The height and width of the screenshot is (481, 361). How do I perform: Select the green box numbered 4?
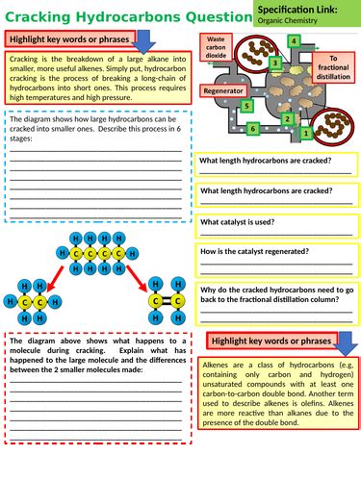(293, 43)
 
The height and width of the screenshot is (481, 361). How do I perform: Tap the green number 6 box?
(252, 128)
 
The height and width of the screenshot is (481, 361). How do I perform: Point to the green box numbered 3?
(274, 63)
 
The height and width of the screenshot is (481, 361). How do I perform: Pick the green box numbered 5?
(247, 106)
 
